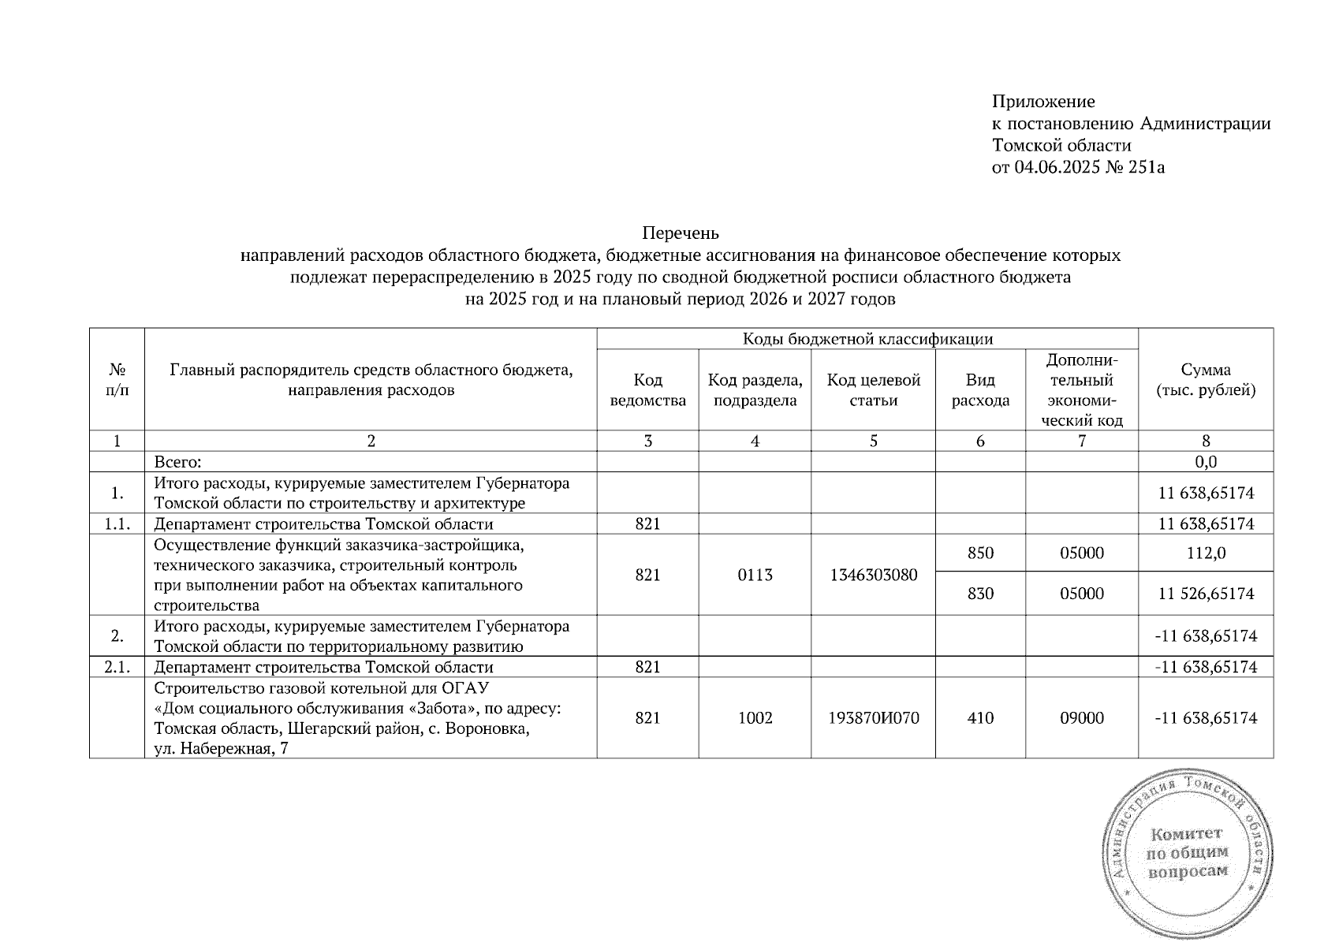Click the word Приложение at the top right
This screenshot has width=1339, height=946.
pos(1042,102)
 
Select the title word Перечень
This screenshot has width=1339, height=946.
pos(681,233)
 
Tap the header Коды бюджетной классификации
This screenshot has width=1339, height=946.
pos(867,339)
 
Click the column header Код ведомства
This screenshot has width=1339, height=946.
pos(647,390)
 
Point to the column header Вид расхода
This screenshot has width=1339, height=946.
pos(980,390)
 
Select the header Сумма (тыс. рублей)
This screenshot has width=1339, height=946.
pos(1206,380)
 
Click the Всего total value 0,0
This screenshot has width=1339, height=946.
pos(1206,462)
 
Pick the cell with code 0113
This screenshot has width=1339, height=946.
pos(755,575)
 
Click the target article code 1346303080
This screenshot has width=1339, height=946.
pos(873,575)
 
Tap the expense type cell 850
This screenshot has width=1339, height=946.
pos(980,553)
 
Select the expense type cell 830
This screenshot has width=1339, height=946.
pos(980,594)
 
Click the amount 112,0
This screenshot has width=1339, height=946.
pos(1206,553)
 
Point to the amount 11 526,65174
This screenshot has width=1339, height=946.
pos(1206,594)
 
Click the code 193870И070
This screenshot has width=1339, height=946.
pos(873,718)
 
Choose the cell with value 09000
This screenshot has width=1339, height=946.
pos(1082,718)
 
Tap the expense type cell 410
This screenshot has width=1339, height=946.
pos(980,718)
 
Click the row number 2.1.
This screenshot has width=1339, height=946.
pos(117,667)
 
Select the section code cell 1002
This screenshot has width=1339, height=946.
pos(755,718)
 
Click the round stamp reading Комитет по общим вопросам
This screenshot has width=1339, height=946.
pos(1188,853)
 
